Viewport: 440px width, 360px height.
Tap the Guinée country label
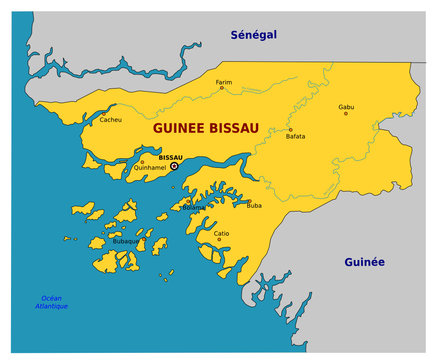coord(364,262)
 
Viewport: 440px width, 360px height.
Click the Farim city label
coord(224,82)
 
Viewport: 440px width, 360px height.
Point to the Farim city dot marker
coord(222,88)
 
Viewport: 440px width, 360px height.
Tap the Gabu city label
coord(346,106)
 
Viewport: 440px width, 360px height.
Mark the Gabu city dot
coord(346,113)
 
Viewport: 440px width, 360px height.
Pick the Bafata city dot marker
coord(290,129)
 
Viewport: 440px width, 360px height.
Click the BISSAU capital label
coord(171,157)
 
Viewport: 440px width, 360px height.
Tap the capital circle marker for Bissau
coord(174,166)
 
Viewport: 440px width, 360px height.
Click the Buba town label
coord(254,205)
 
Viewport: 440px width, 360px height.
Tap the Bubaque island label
coord(126,241)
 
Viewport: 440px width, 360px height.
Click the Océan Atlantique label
coord(53,302)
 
